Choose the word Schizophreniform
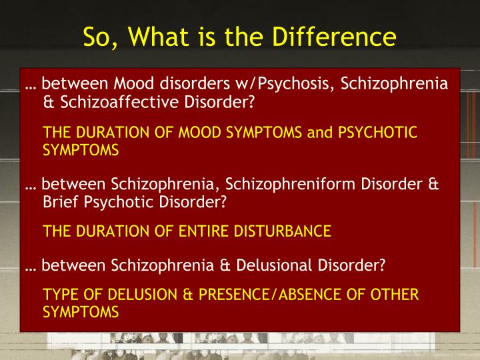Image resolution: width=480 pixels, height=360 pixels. (x=279, y=184)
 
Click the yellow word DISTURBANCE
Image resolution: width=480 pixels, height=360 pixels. (x=288, y=231)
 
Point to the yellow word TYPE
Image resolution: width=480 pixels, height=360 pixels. (x=59, y=295)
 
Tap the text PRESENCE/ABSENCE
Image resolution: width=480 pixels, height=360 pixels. (x=249, y=295)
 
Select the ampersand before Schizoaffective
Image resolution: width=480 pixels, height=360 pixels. (x=48, y=103)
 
